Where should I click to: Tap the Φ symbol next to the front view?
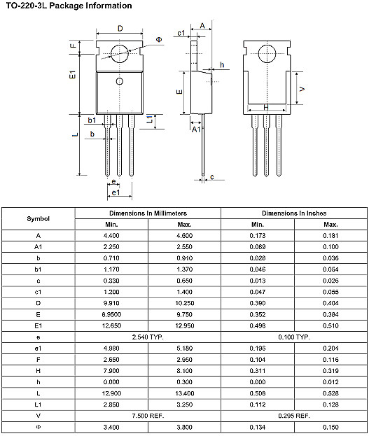tap(159, 40)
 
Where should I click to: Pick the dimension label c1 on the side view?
tap(181, 33)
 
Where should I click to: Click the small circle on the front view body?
tap(119, 82)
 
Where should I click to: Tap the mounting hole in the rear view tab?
tap(266, 54)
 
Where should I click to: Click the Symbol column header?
tap(38, 218)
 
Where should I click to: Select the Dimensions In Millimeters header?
tap(148, 213)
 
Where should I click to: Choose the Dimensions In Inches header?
tap(294, 213)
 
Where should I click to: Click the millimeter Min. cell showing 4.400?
tap(111, 236)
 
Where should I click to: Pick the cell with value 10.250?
tap(184, 303)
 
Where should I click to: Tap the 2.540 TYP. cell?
tap(148, 337)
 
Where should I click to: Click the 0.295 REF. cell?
tap(294, 415)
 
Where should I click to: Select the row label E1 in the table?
tap(38, 325)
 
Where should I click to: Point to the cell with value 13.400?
tap(184, 393)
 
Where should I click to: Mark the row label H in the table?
tap(38, 370)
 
